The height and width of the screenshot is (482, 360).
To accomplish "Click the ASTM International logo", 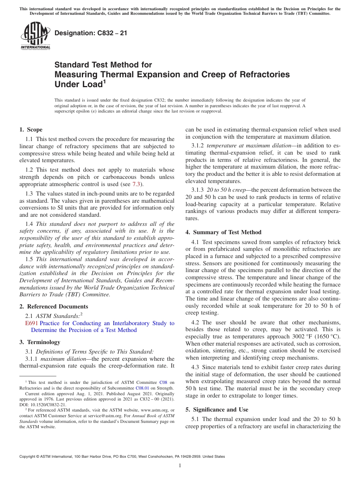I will [x=35, y=36].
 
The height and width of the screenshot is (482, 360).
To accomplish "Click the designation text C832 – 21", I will [x=91, y=33].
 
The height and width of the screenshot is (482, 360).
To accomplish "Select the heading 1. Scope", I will [x=31, y=130].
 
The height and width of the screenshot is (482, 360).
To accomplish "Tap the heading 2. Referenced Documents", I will [x=54, y=307].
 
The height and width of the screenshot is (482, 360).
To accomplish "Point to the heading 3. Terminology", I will [x=40, y=342].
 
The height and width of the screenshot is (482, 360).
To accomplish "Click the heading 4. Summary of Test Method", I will [x=223, y=232].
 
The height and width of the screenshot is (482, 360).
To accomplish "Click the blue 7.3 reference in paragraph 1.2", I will [x=136, y=184].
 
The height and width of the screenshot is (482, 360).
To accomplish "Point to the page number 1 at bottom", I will [x=180, y=466].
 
